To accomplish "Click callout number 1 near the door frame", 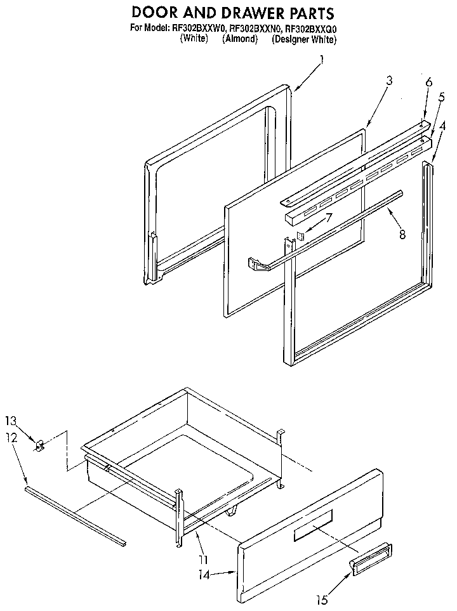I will pyautogui.click(x=322, y=61).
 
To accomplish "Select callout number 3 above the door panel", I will pyautogui.click(x=389, y=81).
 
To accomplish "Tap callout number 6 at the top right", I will pyautogui.click(x=428, y=82).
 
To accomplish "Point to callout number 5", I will pyautogui.click(x=440, y=96).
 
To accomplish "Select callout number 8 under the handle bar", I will pyautogui.click(x=403, y=233).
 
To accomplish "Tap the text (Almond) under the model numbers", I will pyautogui.click(x=239, y=39).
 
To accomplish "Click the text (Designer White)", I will pyautogui.click(x=303, y=39).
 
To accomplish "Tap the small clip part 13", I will pyautogui.click(x=40, y=446).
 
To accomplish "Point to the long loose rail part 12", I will pyautogui.click(x=75, y=516).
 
